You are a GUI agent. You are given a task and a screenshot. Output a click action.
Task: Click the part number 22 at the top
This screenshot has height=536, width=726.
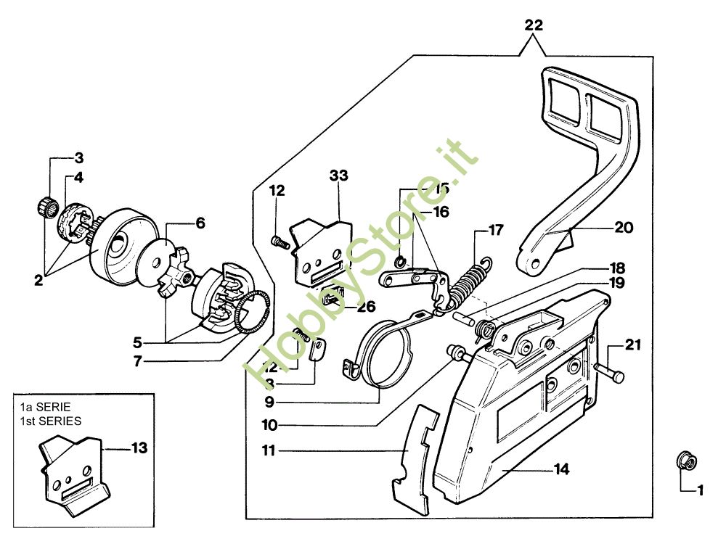coord(534,25)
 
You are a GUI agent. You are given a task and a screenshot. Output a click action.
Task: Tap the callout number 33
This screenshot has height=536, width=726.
coord(338,176)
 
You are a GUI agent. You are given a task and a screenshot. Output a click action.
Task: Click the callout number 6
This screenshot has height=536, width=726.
coord(201,223)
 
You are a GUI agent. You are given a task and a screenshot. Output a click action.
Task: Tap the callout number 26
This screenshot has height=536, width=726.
coord(365,306)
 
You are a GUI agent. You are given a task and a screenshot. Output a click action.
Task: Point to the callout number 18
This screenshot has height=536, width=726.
coord(617,268)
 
